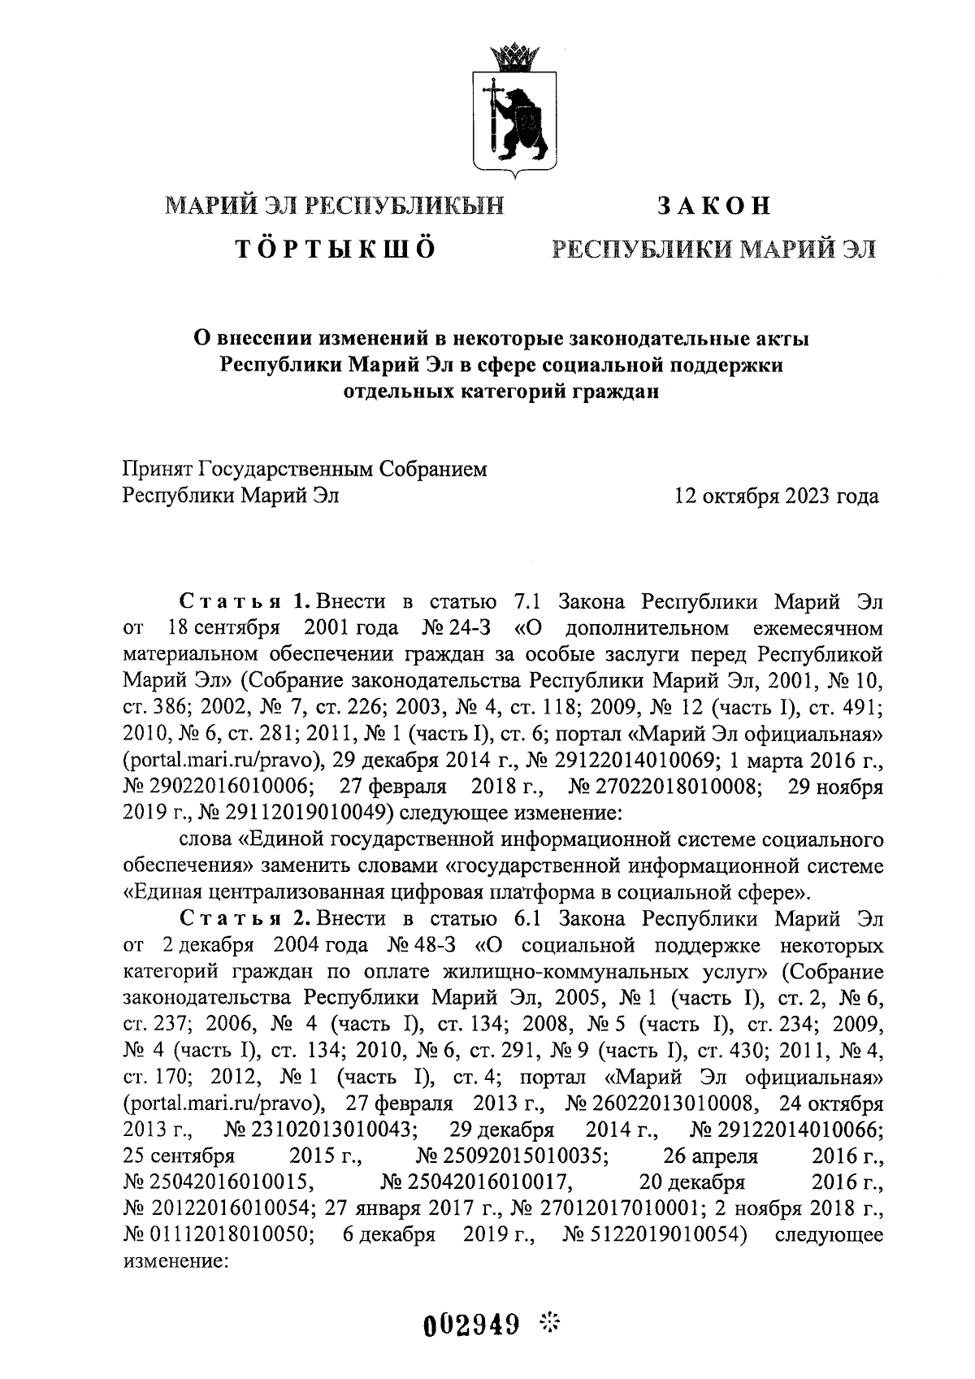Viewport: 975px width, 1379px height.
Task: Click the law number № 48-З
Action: (x=416, y=945)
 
